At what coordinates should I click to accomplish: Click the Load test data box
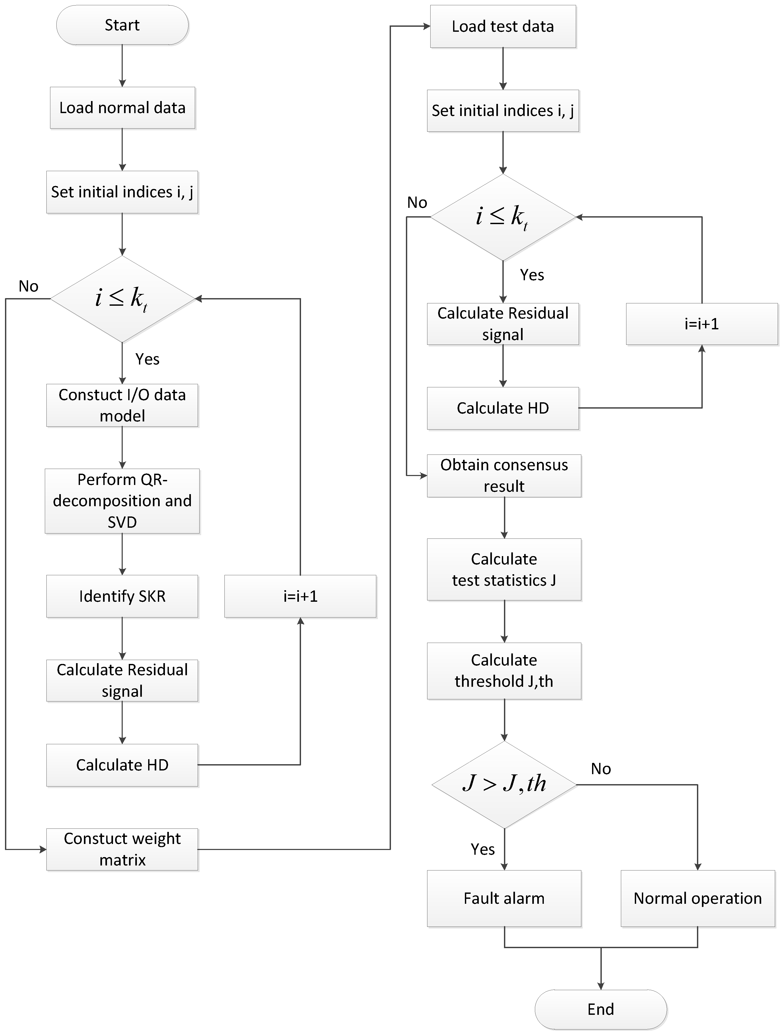[503, 26]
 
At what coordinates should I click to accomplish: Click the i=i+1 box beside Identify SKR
[300, 596]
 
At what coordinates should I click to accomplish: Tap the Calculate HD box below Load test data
[503, 408]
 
